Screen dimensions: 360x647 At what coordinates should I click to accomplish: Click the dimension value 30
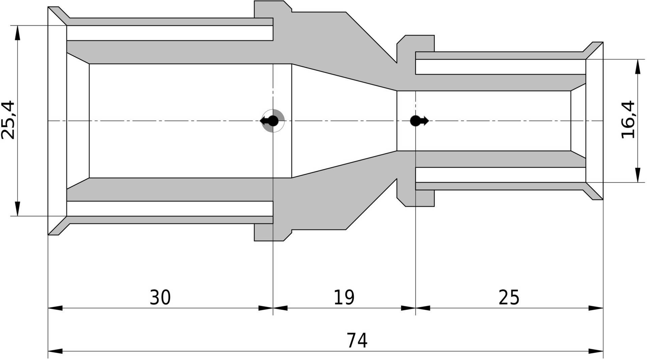click(160, 297)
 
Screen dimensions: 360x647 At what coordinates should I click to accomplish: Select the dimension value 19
click(344, 297)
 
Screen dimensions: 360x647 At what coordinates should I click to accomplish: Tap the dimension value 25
click(509, 297)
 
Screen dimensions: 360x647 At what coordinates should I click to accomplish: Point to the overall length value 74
click(357, 340)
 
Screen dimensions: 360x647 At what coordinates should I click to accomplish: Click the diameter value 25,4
click(8, 120)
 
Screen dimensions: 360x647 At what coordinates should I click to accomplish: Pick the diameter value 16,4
click(628, 120)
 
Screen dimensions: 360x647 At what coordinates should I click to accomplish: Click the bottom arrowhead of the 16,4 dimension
click(638, 175)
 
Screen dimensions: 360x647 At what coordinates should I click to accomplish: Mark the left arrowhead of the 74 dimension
click(55, 351)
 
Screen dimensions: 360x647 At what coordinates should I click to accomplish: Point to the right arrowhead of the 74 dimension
click(596, 351)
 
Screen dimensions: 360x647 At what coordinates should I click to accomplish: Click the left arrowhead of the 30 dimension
click(55, 308)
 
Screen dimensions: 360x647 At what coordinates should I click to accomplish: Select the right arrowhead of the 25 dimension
click(596, 308)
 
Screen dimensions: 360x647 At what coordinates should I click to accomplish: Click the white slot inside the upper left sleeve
click(169, 33)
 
